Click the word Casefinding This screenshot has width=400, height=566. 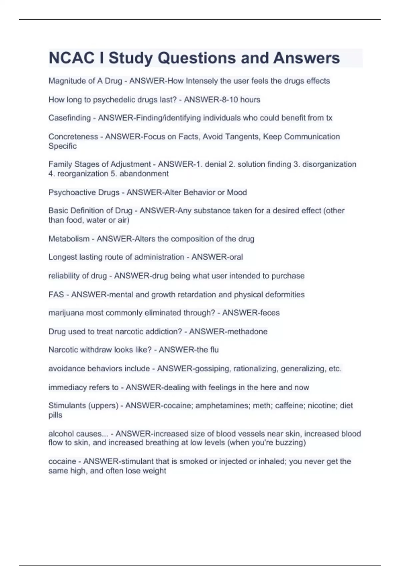pyautogui.click(x=69, y=118)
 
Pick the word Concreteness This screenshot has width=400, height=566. pyautogui.click(x=73, y=137)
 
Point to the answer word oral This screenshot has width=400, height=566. pyautogui.click(x=236, y=257)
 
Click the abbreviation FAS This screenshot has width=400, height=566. pyautogui.click(x=56, y=295)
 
